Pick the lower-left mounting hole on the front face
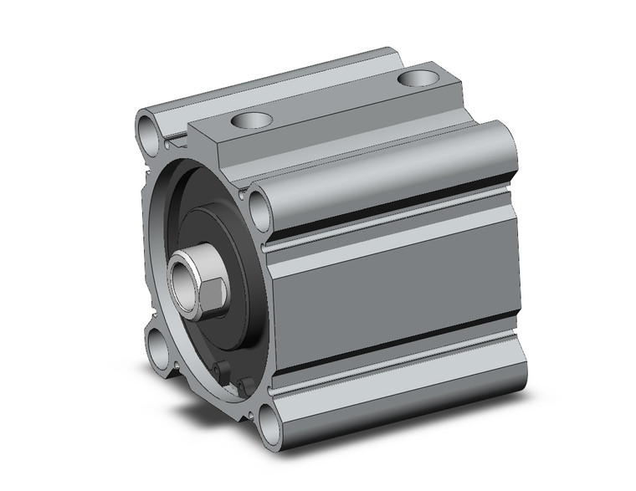(x=156, y=344)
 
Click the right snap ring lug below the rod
(x=244, y=384)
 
